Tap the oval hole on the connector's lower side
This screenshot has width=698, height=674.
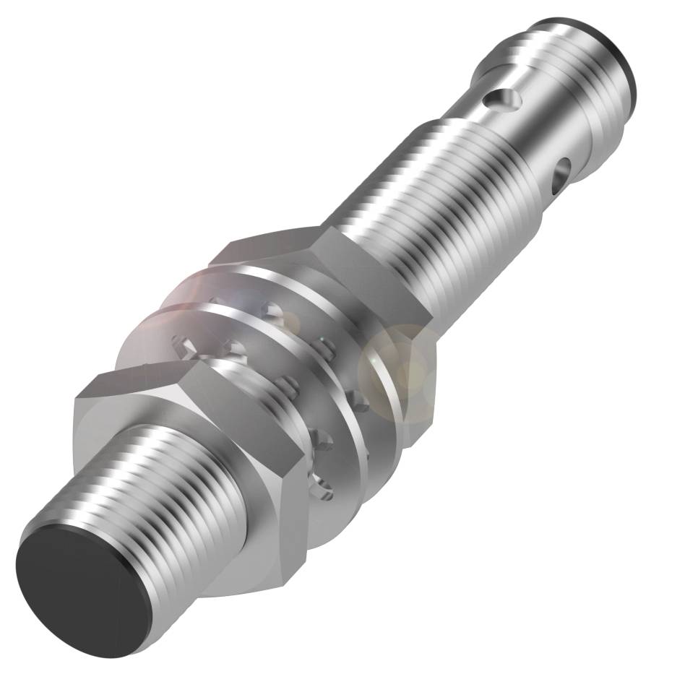[x=561, y=178]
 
